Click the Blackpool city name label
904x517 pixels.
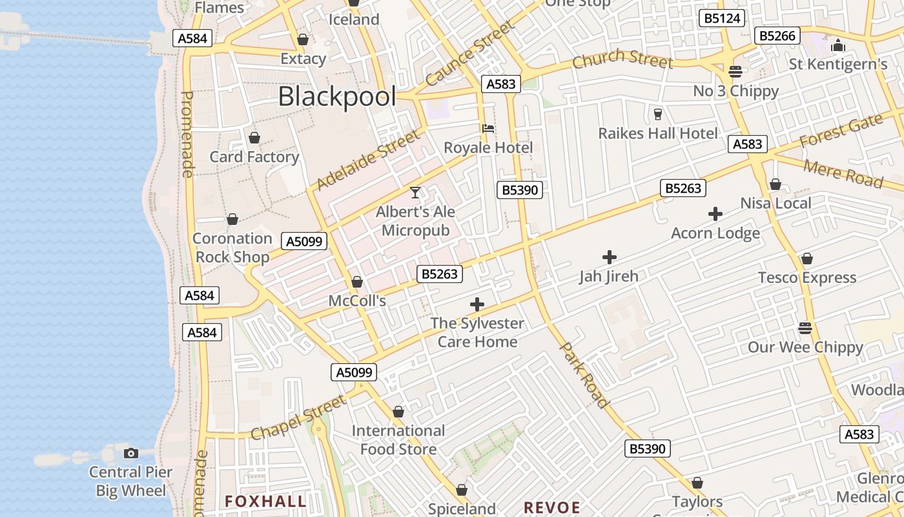coord(337,97)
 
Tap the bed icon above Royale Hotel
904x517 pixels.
coord(488,129)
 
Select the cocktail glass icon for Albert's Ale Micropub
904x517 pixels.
coord(415,192)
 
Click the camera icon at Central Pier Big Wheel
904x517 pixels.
coord(131,453)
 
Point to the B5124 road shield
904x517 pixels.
coord(722,18)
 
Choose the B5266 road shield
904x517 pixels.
coord(777,36)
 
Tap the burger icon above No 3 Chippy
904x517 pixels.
coord(735,71)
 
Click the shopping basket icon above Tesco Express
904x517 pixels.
coord(806,259)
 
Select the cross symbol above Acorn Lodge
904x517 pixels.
coord(715,214)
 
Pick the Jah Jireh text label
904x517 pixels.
coord(608,277)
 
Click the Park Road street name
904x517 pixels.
coord(584,375)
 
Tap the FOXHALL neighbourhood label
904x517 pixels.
coord(265,501)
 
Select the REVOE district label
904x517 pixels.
coord(551,507)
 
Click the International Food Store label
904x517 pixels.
coord(398,440)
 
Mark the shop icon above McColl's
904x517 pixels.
coord(356,282)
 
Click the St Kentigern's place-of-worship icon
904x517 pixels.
coord(838,45)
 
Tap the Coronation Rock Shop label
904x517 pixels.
coord(232,248)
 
